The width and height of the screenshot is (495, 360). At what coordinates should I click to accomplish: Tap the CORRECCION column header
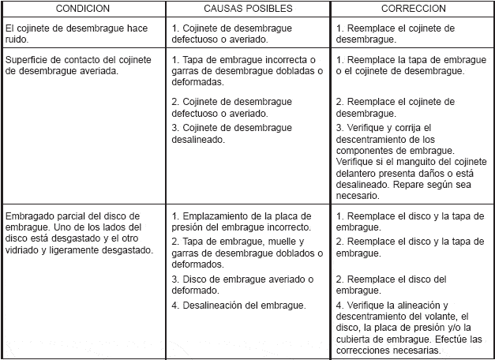412,9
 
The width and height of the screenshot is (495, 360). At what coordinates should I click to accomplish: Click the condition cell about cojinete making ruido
76,33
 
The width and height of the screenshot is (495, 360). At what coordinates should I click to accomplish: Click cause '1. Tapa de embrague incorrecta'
246,71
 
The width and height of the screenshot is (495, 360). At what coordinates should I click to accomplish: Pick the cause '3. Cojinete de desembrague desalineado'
237,133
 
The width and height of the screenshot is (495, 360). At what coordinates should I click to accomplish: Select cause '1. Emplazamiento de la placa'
242,222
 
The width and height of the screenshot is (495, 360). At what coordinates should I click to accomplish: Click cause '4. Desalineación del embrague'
239,305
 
